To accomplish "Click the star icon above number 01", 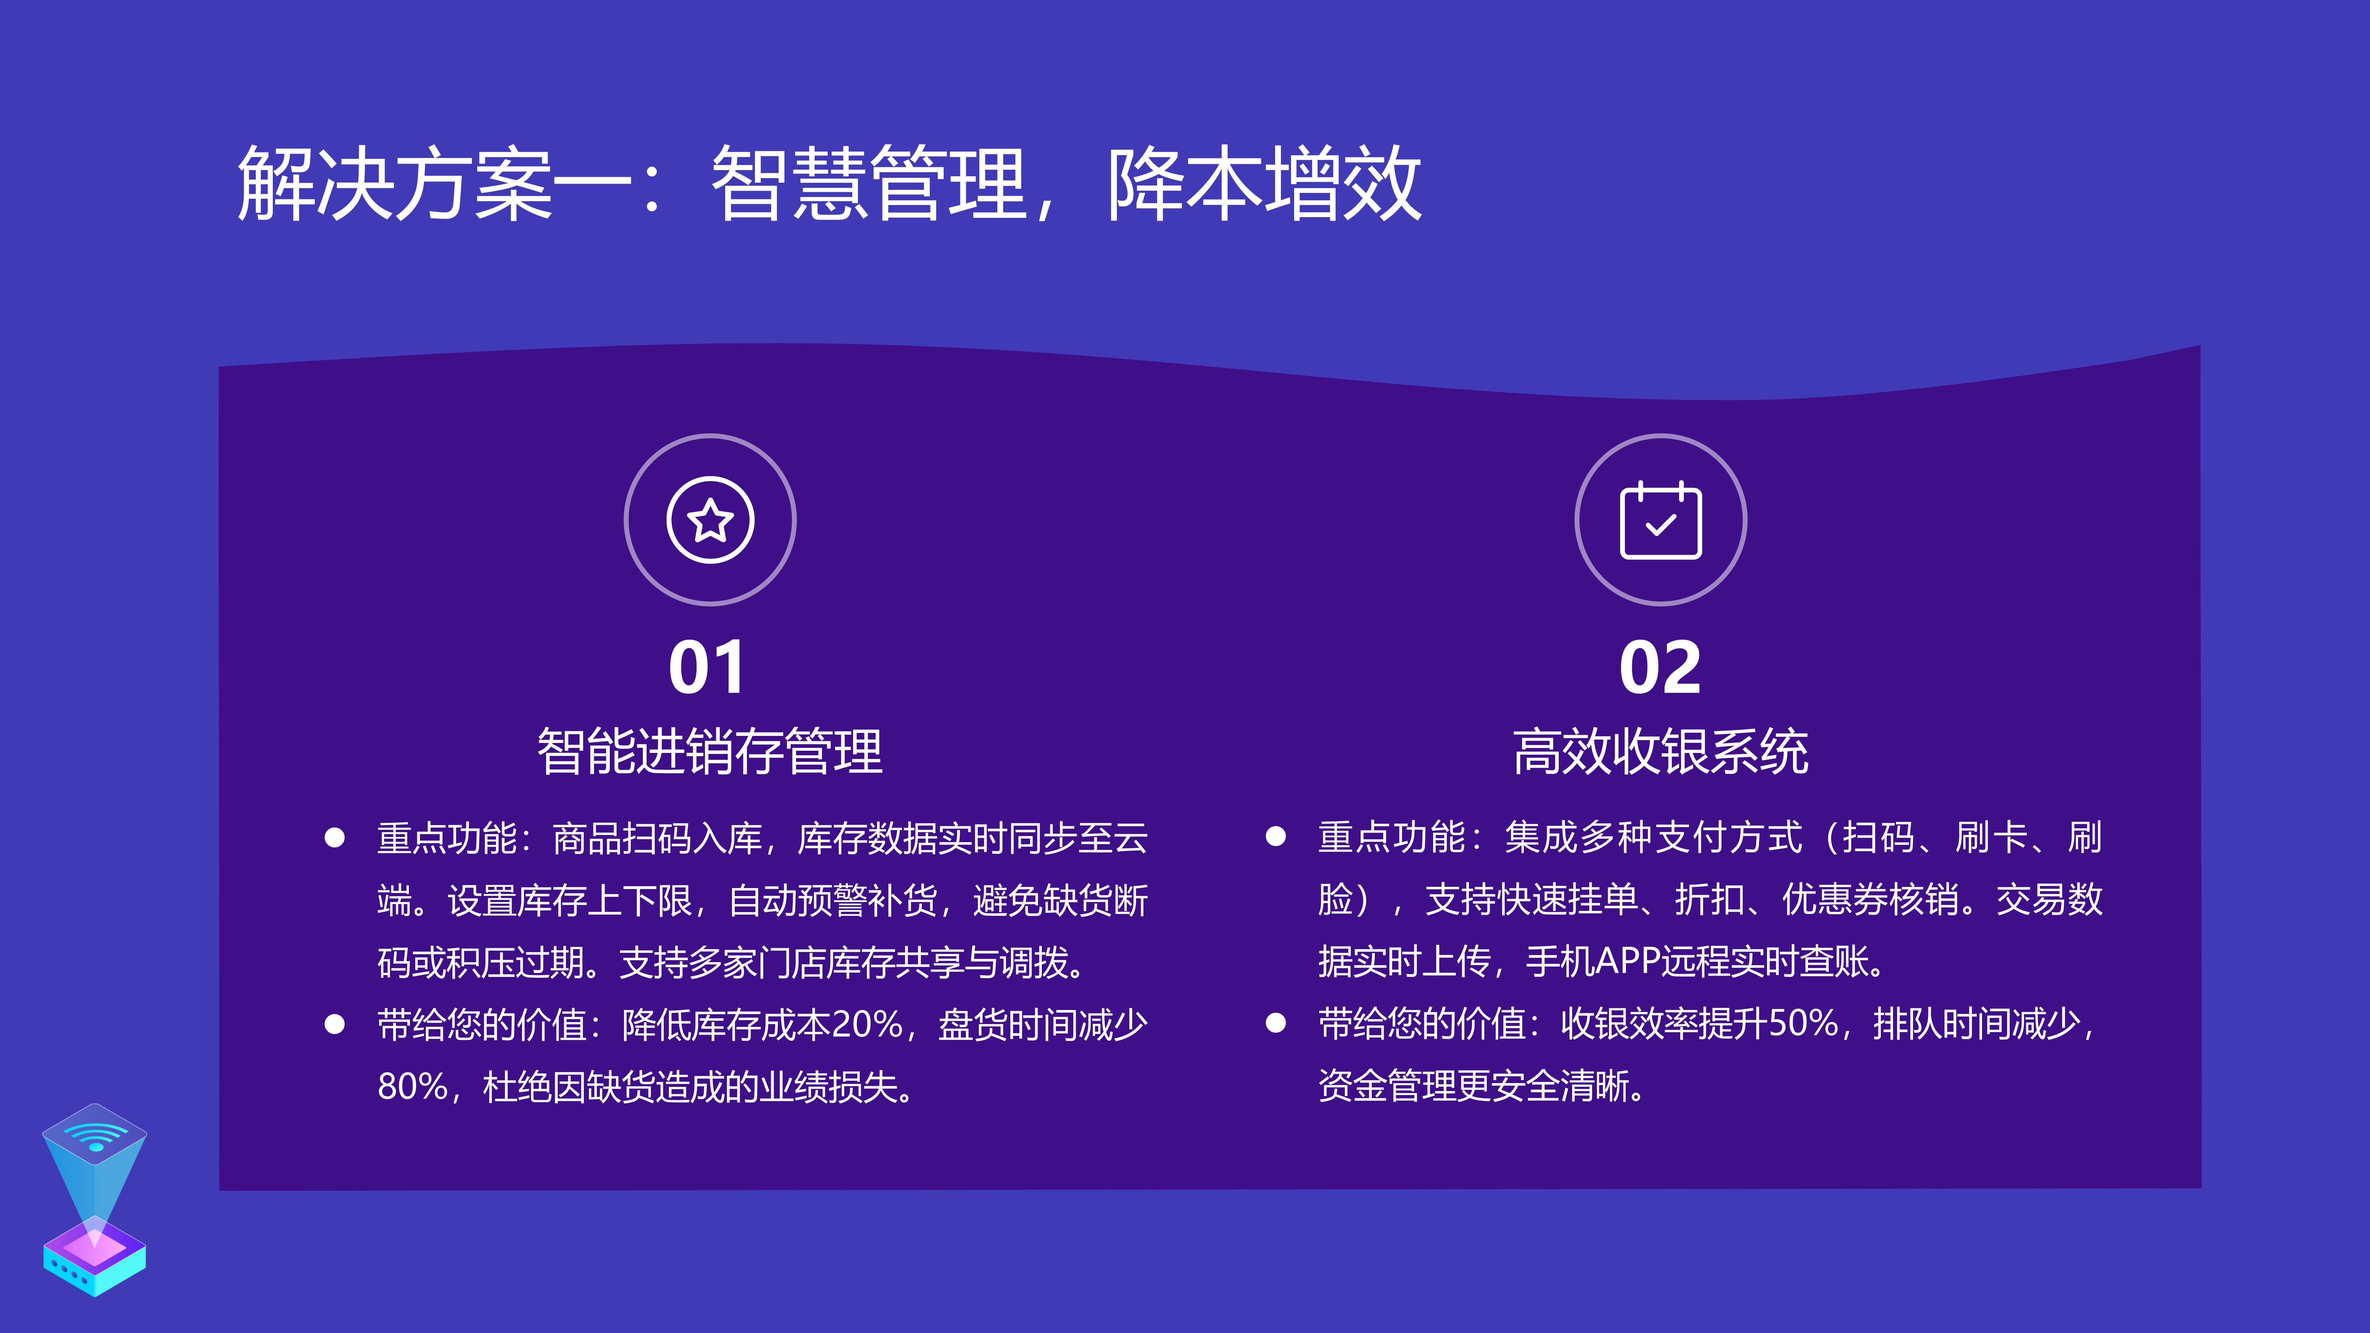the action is (710, 520).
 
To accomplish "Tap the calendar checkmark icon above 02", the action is (1661, 520).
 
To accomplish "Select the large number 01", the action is (706, 668).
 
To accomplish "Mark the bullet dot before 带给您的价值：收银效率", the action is (1275, 1023).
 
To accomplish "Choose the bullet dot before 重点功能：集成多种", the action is (1275, 836).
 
